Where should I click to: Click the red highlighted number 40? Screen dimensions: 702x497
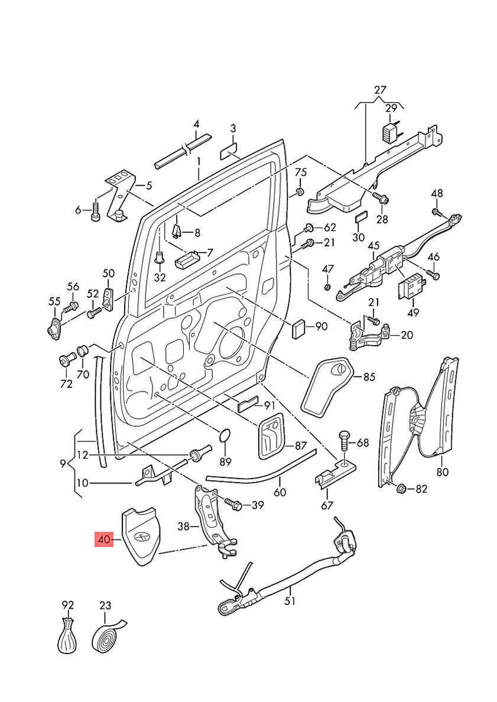(105, 539)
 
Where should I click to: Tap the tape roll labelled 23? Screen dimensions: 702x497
(107, 637)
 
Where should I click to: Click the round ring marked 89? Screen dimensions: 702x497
(225, 436)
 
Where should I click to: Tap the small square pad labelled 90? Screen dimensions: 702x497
(300, 327)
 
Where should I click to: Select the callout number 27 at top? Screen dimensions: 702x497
(379, 91)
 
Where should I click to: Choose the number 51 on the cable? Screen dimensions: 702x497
(290, 601)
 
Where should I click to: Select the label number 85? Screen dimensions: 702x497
(369, 376)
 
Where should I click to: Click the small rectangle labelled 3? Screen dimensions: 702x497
(229, 152)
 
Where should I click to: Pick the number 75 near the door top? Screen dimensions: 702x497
(301, 172)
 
